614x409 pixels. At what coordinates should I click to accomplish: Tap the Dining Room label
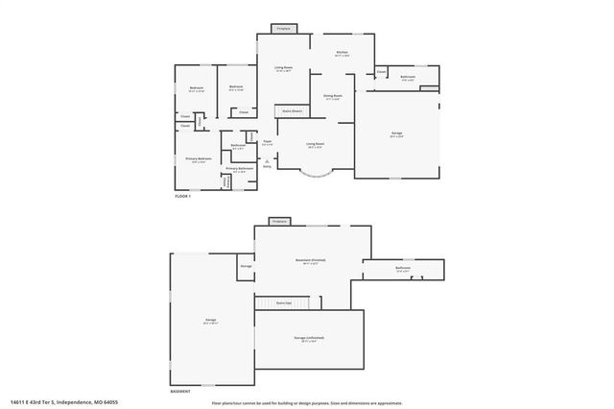click(x=333, y=96)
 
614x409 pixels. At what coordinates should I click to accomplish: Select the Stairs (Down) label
click(x=293, y=111)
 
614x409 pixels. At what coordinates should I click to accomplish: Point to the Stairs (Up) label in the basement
click(x=285, y=302)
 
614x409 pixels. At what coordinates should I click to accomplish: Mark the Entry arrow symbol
click(x=254, y=164)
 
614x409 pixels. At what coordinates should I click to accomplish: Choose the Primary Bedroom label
click(x=198, y=159)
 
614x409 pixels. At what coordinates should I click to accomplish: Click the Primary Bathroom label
click(x=239, y=169)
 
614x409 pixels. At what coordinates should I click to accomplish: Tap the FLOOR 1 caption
click(x=183, y=196)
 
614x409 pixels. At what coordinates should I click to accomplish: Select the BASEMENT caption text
click(x=180, y=392)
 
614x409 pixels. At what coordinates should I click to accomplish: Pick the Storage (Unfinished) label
click(x=307, y=340)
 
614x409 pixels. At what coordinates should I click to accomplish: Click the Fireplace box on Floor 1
click(x=284, y=29)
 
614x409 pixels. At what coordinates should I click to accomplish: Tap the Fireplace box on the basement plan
click(x=279, y=222)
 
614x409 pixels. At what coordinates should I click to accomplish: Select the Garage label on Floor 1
click(x=397, y=136)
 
